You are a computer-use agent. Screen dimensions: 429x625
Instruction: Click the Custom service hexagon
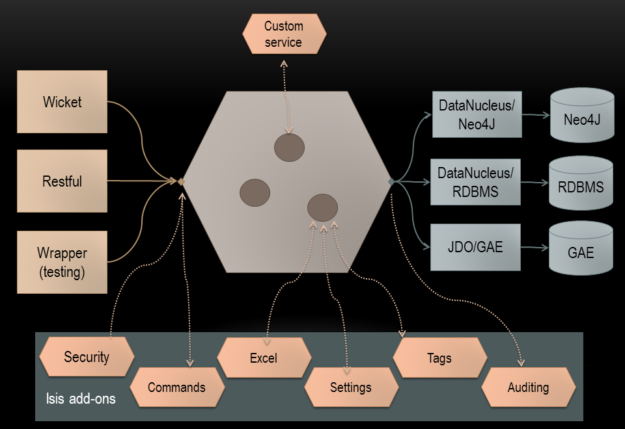tap(284, 34)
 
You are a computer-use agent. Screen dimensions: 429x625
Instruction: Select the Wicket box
tap(62, 102)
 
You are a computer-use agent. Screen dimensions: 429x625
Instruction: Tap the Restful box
tap(62, 181)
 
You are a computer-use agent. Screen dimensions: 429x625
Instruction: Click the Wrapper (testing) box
tap(62, 262)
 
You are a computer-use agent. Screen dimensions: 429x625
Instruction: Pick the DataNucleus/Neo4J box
tap(477, 114)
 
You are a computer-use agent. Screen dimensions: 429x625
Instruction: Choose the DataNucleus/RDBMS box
tap(477, 182)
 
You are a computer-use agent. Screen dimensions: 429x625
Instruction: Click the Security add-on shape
tap(87, 357)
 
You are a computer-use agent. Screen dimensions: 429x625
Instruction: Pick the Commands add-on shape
tap(176, 387)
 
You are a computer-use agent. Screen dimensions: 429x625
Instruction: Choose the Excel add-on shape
tap(264, 357)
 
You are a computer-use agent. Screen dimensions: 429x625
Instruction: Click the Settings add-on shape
tap(351, 387)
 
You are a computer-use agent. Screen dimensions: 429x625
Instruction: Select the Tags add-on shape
tap(440, 357)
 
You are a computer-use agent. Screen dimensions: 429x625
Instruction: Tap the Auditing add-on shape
tap(528, 387)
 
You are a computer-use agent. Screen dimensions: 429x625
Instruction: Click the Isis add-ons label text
tap(81, 398)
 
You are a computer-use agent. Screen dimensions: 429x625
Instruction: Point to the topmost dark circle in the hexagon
tap(289, 148)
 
